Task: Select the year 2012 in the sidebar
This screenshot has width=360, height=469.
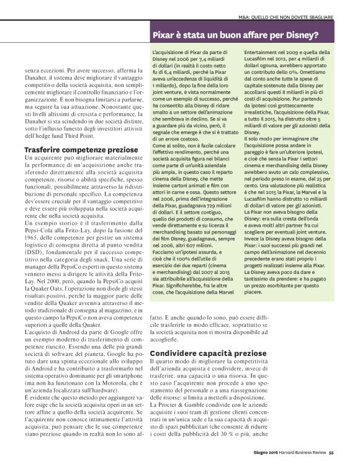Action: point(279,63)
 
